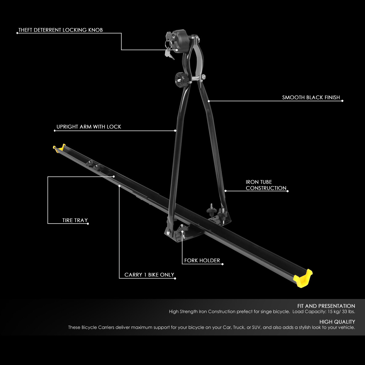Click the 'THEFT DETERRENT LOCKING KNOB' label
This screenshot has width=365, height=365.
tap(61, 30)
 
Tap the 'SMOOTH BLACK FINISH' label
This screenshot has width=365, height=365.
tap(311, 98)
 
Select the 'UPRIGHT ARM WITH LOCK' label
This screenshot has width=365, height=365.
tap(89, 127)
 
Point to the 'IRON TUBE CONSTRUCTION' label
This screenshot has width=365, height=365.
tap(266, 185)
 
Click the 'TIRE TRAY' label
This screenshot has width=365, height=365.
tap(75, 220)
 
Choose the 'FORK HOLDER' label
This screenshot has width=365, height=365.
tap(202, 260)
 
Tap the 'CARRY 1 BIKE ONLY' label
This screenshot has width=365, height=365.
tap(149, 275)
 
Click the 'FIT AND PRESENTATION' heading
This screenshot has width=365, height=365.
tap(326, 306)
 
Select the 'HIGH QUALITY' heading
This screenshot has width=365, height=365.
tap(337, 322)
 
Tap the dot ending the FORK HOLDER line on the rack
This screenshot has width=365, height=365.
tap(182, 231)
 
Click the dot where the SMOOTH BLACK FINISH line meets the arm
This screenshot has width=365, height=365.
tap(209, 101)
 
